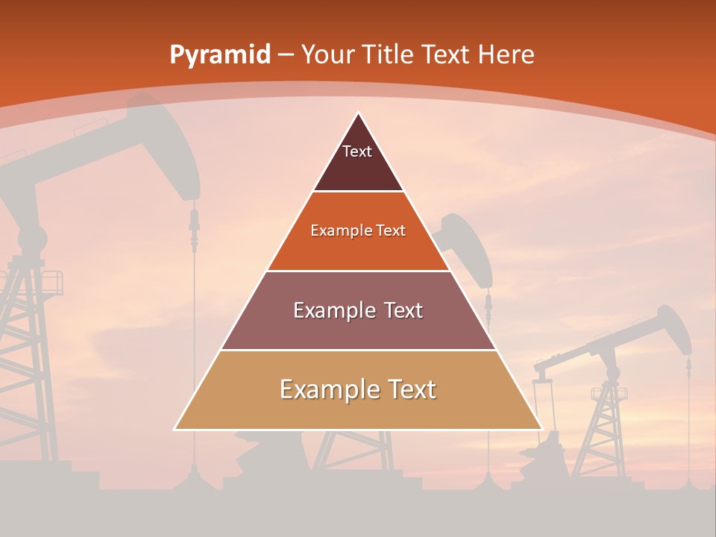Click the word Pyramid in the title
pyautogui.click(x=219, y=55)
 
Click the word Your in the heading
pyautogui.click(x=326, y=55)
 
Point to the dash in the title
pyautogui.click(x=285, y=55)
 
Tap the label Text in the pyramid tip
pyautogui.click(x=357, y=151)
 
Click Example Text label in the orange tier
pyautogui.click(x=358, y=230)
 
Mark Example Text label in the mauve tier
pyautogui.click(x=358, y=310)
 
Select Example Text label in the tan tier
pyautogui.click(x=358, y=389)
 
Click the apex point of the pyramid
pyautogui.click(x=359, y=113)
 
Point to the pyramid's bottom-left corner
pyautogui.click(x=175, y=429)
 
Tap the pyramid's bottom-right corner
pyautogui.click(x=541, y=429)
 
